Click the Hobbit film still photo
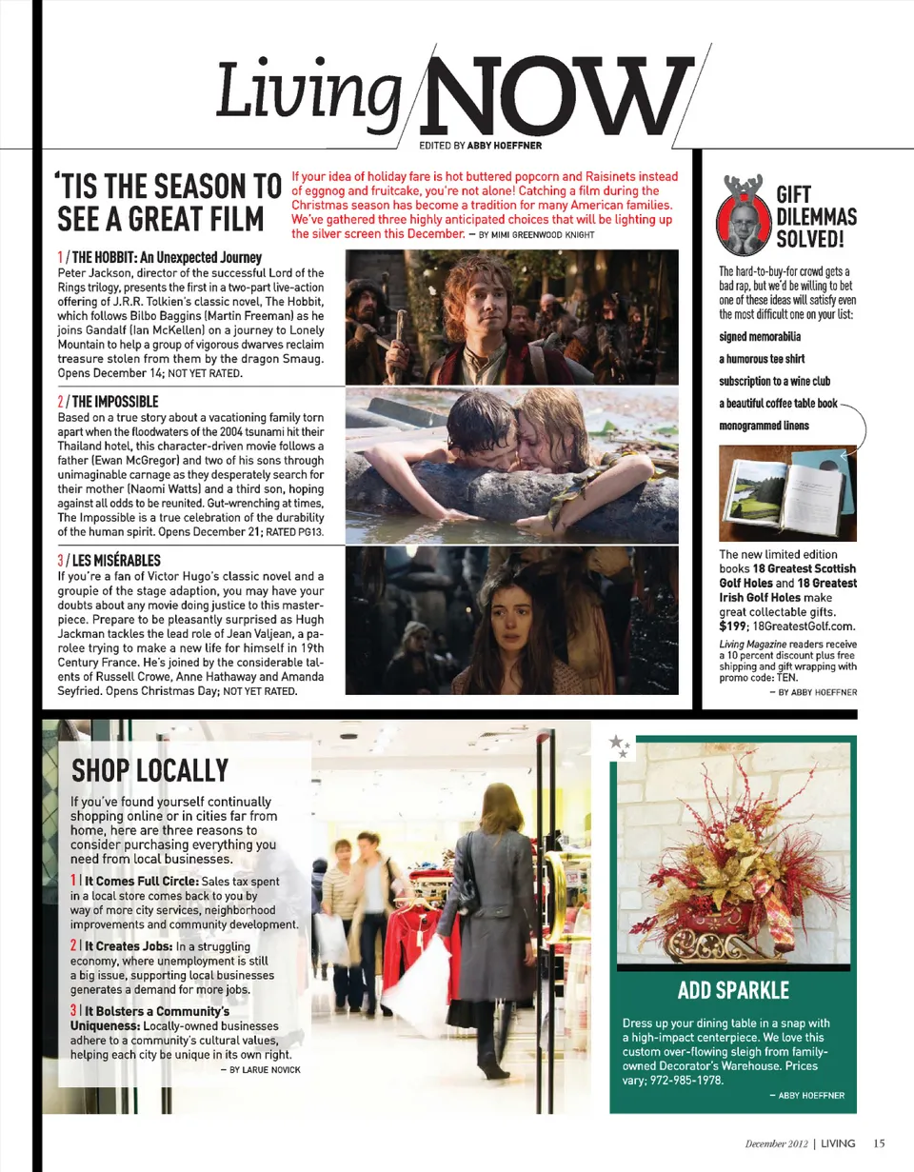click(511, 316)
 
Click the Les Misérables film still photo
click(511, 620)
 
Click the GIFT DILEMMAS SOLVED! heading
click(817, 215)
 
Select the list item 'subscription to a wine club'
click(774, 381)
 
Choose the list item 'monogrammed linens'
click(764, 425)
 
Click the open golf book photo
click(787, 493)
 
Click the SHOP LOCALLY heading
click(149, 769)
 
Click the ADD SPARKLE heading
click(733, 990)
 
